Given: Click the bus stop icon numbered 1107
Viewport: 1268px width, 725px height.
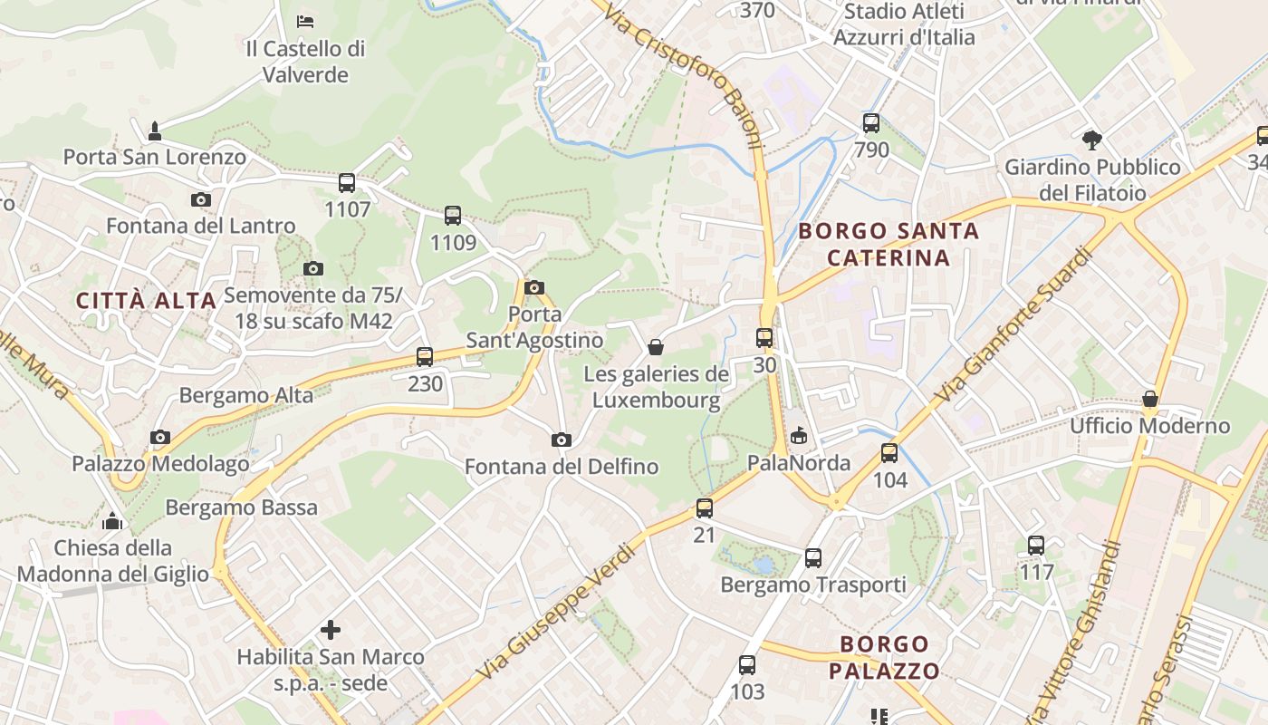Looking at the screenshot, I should pyautogui.click(x=347, y=183).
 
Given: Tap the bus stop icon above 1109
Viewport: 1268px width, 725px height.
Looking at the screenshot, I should pyautogui.click(x=453, y=216).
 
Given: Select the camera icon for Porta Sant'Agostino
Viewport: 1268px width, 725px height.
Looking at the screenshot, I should pyautogui.click(x=534, y=288).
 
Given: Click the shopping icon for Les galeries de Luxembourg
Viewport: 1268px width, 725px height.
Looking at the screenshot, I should pyautogui.click(x=656, y=347).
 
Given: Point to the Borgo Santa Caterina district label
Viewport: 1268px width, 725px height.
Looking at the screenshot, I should pyautogui.click(x=889, y=244).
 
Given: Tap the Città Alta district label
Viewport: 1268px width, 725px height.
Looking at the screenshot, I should pyautogui.click(x=147, y=301).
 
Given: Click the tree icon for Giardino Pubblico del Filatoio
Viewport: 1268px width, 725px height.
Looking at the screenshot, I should pyautogui.click(x=1092, y=140).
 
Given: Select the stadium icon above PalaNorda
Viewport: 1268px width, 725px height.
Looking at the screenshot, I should pyautogui.click(x=798, y=437).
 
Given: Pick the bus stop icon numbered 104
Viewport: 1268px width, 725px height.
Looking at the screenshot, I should pyautogui.click(x=889, y=453).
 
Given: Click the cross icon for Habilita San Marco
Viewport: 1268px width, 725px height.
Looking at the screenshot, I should pyautogui.click(x=331, y=629).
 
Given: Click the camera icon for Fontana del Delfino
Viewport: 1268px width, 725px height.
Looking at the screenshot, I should pyautogui.click(x=562, y=440).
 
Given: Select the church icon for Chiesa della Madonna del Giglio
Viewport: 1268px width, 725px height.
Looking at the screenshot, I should pyautogui.click(x=112, y=521).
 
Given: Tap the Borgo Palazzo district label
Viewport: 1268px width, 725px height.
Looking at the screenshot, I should pyautogui.click(x=885, y=658).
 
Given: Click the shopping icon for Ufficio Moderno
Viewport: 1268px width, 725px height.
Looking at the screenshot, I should pyautogui.click(x=1150, y=399).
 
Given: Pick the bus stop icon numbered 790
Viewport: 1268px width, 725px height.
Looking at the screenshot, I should pyautogui.click(x=871, y=122).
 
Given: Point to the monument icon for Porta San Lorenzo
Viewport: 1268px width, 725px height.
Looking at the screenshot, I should pyautogui.click(x=155, y=130).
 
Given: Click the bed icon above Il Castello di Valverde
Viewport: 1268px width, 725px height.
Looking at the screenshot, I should pyautogui.click(x=305, y=21).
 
